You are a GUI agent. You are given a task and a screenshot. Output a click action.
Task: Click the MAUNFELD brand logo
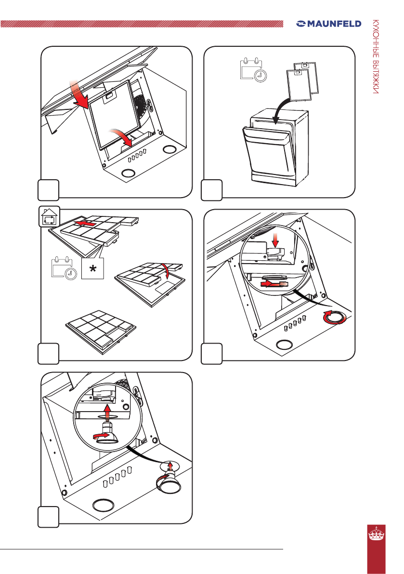coord(329,24)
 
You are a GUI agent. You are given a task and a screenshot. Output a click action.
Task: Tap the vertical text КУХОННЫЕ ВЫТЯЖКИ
coord(376,56)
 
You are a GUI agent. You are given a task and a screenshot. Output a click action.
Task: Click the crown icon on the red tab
coord(376,534)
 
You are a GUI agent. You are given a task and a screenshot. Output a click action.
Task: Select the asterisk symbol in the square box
coord(93,269)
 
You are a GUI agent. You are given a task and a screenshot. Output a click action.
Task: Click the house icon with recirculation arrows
coord(50,217)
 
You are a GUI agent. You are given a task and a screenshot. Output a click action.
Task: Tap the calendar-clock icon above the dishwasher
coord(253,69)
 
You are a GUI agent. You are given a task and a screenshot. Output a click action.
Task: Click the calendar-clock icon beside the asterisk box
coord(64,268)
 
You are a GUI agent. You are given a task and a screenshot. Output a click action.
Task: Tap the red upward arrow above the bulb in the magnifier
coord(107,413)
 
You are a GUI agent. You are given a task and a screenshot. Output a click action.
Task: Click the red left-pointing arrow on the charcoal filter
coord(85,223)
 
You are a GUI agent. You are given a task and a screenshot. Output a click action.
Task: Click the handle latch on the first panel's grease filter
coord(109,97)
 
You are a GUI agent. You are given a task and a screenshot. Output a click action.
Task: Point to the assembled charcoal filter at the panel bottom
coord(101,331)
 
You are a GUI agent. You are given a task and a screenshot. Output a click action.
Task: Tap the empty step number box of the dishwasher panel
coord(212,190)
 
